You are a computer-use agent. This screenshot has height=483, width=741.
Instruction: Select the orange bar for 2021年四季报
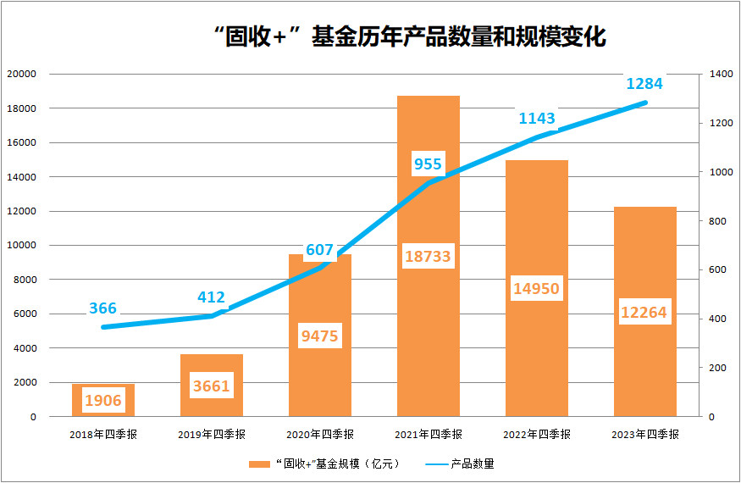pyautogui.click(x=429, y=339)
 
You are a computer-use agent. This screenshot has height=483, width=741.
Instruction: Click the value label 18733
pyautogui.click(x=429, y=256)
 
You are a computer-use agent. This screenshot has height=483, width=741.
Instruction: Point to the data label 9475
pyautogui.click(x=320, y=336)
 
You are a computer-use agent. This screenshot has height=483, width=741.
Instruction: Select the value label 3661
pyautogui.click(x=212, y=386)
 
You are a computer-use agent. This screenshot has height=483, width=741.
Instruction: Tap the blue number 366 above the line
pyautogui.click(x=103, y=308)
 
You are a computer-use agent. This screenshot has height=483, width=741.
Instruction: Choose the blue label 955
pyautogui.click(x=428, y=164)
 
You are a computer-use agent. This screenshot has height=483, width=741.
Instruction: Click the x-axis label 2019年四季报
pyautogui.click(x=212, y=434)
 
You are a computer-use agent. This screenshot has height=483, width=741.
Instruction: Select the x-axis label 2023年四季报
pyautogui.click(x=645, y=434)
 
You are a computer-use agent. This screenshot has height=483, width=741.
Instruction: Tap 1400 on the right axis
pyautogui.click(x=722, y=75)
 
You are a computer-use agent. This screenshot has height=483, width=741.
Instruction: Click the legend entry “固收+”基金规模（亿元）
pyautogui.click(x=326, y=464)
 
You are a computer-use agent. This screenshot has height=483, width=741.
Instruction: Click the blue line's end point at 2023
pyautogui.click(x=645, y=103)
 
